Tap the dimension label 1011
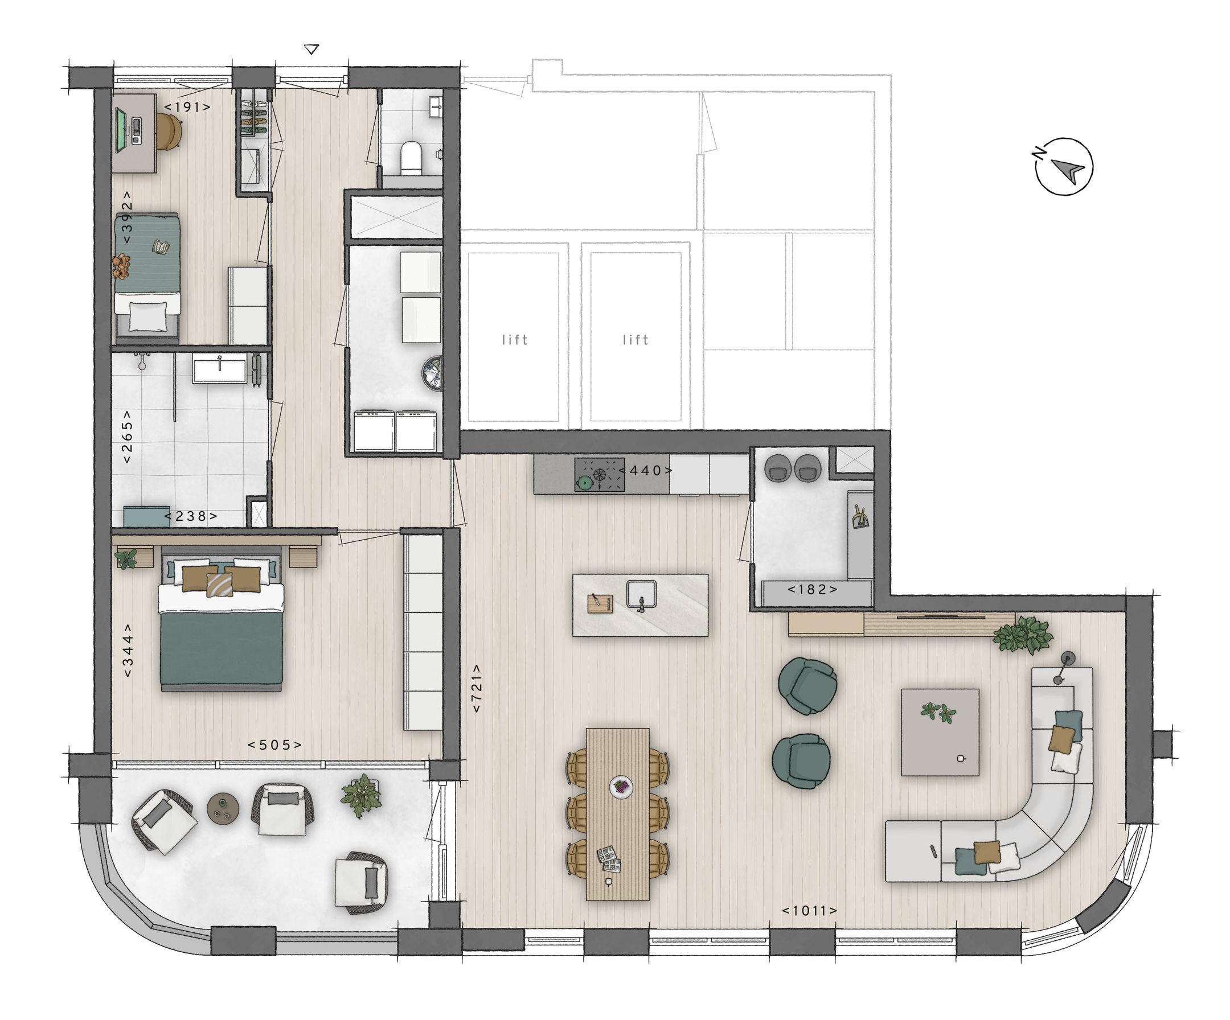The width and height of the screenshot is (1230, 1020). (809, 911)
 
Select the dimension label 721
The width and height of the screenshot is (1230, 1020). (477, 688)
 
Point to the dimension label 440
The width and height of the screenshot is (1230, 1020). (645, 470)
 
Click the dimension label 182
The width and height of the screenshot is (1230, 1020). (812, 590)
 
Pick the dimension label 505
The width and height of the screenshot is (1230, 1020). (274, 745)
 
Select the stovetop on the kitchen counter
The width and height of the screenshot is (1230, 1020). (599, 474)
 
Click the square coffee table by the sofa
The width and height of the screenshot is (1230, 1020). (940, 732)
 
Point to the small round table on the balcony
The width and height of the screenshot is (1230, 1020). (223, 809)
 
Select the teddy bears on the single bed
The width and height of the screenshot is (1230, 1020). (121, 265)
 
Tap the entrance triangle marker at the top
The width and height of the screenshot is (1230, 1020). (312, 50)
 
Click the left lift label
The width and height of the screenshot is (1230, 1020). (515, 340)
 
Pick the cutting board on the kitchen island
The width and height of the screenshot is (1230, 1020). (600, 603)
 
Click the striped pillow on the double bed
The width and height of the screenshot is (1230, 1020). (220, 585)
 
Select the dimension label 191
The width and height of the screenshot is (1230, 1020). (187, 107)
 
